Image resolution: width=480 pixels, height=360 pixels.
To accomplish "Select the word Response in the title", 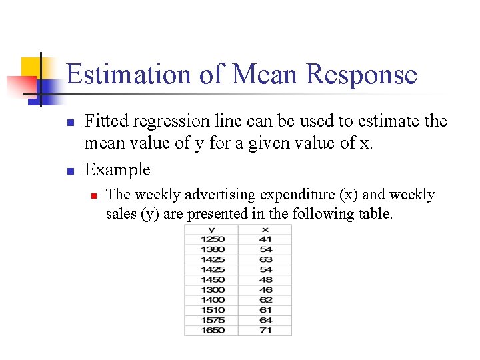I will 361,74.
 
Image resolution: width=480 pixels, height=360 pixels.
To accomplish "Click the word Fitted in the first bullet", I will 107,121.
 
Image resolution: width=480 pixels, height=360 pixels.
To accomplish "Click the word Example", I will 117,169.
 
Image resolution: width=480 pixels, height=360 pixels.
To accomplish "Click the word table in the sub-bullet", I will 375,214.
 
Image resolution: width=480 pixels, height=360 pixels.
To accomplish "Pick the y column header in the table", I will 211,229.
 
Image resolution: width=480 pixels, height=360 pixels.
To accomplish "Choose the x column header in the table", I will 265,229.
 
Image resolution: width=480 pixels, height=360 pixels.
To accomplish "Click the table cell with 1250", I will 211,239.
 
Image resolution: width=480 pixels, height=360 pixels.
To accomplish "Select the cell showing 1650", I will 211,330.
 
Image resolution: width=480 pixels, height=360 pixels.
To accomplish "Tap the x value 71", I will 265,330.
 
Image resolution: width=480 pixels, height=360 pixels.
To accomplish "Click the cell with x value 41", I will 265,239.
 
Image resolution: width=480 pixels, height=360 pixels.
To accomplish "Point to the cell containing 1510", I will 211,310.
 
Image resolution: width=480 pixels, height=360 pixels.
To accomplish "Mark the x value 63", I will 265,259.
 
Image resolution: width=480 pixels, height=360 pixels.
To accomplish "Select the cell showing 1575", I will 211,320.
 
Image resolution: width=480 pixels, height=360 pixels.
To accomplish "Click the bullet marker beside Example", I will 69,171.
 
